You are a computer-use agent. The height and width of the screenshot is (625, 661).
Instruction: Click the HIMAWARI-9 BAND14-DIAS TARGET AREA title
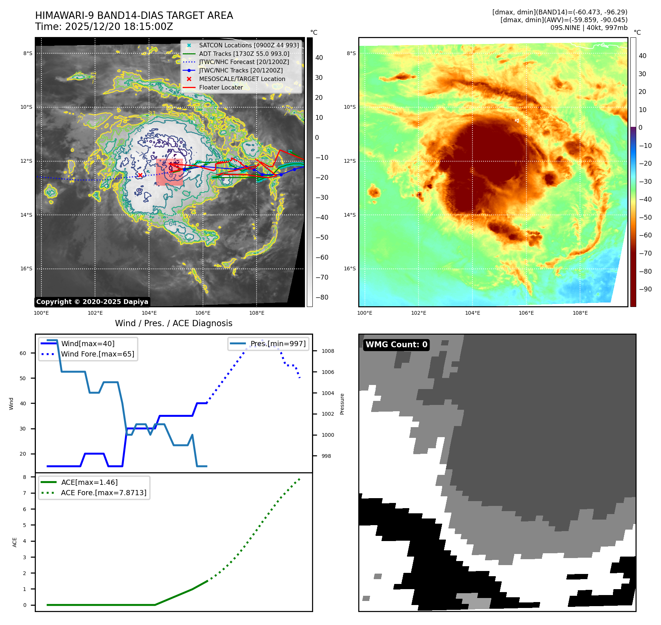coord(134,16)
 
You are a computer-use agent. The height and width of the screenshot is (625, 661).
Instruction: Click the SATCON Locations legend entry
coord(248,45)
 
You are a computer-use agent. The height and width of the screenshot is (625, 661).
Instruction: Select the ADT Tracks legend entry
coord(244,54)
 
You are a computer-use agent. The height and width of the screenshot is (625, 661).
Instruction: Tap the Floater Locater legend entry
coord(221,87)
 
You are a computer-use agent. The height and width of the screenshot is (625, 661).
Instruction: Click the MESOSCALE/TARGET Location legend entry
coord(242,79)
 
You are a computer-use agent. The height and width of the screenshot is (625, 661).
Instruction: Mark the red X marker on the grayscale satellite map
coord(140,175)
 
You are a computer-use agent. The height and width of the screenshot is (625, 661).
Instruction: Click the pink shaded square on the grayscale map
coord(169,172)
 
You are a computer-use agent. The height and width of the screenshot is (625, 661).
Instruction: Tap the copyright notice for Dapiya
coord(92,302)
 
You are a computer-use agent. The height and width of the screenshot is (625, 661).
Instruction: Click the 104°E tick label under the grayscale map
coord(149,313)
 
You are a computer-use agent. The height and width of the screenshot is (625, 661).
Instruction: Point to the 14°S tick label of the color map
coord(350,215)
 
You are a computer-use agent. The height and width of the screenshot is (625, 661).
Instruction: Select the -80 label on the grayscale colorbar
coord(322,297)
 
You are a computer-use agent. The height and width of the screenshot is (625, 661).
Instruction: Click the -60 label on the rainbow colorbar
coord(645,235)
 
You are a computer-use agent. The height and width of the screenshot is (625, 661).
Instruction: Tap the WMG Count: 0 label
coord(396,345)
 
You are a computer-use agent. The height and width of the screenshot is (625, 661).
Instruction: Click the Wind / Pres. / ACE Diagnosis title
coord(174,323)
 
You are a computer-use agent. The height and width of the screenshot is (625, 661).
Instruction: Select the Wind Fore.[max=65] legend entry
coord(97,354)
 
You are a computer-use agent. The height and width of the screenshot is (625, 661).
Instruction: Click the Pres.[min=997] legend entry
coord(278,344)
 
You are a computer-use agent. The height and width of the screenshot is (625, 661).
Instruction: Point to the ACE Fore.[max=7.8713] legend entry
coord(104,493)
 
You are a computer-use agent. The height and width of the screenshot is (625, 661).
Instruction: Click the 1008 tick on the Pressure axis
coord(328,351)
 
